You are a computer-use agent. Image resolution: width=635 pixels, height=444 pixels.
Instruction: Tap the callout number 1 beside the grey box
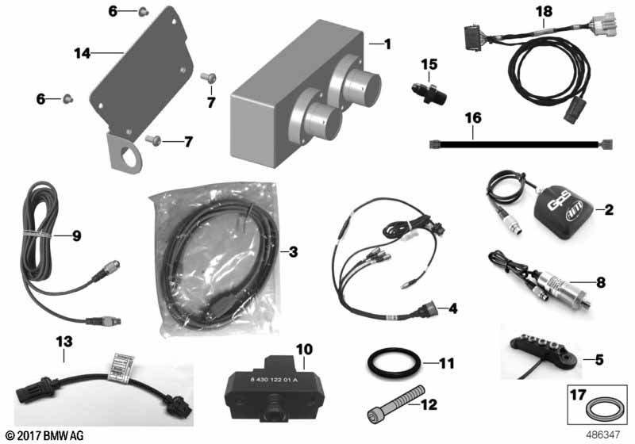pos(387,44)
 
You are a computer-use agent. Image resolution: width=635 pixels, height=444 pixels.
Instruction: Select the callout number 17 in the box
pos(578,392)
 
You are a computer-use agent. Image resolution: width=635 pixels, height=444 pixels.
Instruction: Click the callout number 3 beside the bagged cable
pos(292,253)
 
